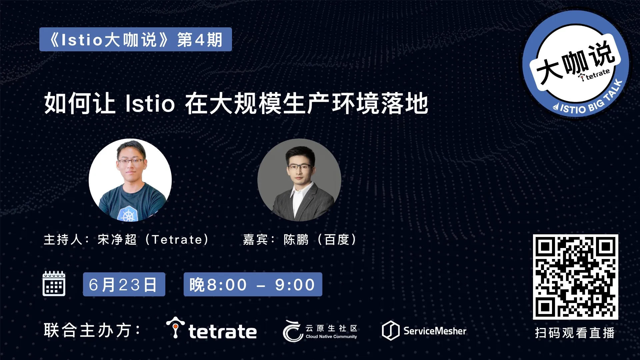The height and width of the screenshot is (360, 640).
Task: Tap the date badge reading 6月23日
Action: click(x=124, y=284)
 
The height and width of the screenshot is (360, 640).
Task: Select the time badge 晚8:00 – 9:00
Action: click(x=253, y=284)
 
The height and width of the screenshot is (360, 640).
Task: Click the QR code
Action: click(x=575, y=277)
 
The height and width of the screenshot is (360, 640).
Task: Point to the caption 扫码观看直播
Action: click(x=575, y=333)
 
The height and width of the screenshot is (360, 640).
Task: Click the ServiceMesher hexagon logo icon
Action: click(x=390, y=330)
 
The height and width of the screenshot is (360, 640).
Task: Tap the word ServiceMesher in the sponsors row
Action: click(x=435, y=331)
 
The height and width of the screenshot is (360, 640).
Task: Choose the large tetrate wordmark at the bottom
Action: click(x=223, y=331)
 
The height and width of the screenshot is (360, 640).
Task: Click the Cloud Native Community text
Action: click(x=331, y=337)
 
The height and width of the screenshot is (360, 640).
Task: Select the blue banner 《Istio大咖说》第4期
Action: click(x=136, y=39)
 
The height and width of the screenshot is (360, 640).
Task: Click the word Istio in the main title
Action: click(x=150, y=103)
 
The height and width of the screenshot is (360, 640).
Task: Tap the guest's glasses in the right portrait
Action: click(x=300, y=167)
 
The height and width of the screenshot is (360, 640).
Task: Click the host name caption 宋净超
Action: click(x=117, y=239)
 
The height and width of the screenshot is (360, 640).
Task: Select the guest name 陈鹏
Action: click(x=296, y=239)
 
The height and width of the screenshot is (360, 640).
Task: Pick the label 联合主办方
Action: click(x=88, y=330)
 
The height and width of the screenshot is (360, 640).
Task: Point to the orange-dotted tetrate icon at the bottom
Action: click(x=175, y=327)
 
